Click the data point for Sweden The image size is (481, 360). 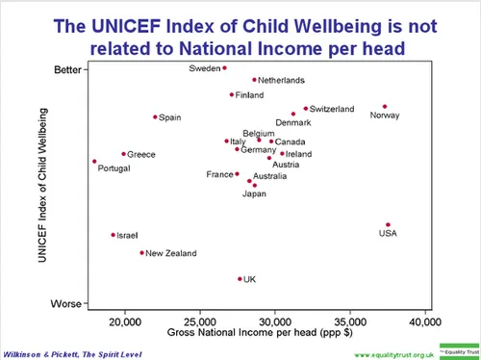(x=224, y=68)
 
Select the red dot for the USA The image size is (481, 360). (x=388, y=224)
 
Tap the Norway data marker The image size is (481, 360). (x=384, y=107)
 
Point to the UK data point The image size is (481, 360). (x=240, y=279)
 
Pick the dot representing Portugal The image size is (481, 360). (x=94, y=162)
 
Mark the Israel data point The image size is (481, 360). (x=113, y=235)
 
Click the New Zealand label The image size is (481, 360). (x=170, y=253)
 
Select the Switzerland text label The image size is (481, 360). (x=333, y=109)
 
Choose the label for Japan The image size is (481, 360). (x=254, y=194)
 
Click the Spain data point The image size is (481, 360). (x=155, y=117)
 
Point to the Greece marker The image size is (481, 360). (x=123, y=154)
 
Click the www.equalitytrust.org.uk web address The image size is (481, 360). (x=394, y=354)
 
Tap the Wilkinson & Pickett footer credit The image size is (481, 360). (x=72, y=353)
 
